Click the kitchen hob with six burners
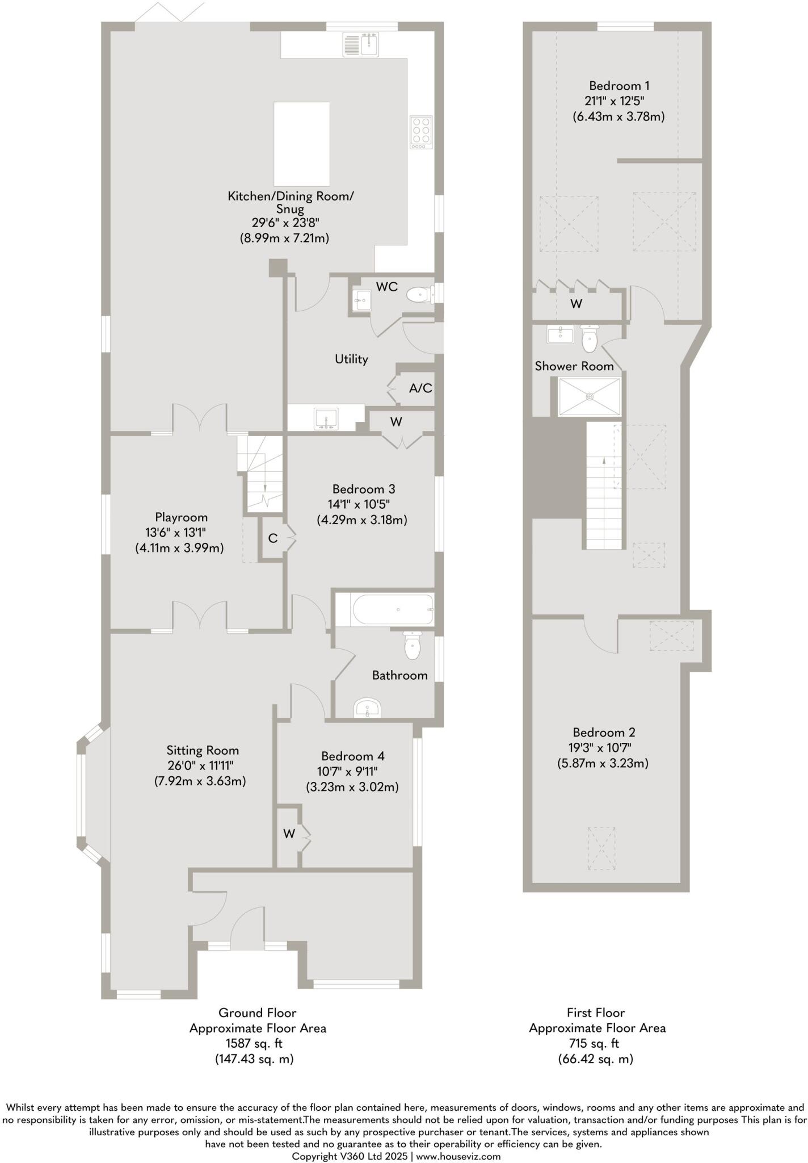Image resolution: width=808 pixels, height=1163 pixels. pyautogui.click(x=421, y=132)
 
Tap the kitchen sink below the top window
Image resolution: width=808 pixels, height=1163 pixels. pyautogui.click(x=361, y=44)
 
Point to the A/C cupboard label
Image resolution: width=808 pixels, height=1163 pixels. pyautogui.click(x=420, y=388)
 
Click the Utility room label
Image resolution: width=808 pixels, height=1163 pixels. pyautogui.click(x=351, y=359)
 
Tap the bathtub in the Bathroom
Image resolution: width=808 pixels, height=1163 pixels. pyautogui.click(x=393, y=609)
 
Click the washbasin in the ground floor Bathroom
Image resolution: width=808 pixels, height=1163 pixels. pyautogui.click(x=367, y=709)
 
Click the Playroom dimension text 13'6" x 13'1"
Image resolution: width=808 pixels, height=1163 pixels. pyautogui.click(x=176, y=533)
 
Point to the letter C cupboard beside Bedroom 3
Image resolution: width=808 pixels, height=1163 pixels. pyautogui.click(x=273, y=538)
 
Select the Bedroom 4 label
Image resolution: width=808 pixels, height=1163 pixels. pyautogui.click(x=352, y=756)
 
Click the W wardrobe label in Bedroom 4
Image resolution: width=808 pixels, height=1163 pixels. pyautogui.click(x=289, y=834)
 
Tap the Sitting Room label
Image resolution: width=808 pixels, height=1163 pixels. pyautogui.click(x=203, y=750)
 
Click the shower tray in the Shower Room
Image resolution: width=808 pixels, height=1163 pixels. pyautogui.click(x=590, y=396)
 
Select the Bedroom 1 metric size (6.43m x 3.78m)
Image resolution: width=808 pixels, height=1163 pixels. pyautogui.click(x=618, y=117)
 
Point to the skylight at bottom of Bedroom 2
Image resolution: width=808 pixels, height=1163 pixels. pyautogui.click(x=602, y=848)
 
